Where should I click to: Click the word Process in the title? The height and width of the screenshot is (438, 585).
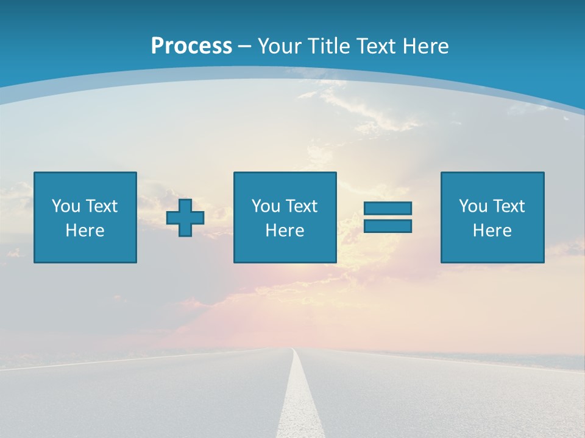click(x=191, y=46)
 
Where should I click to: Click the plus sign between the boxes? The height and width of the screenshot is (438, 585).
click(x=185, y=217)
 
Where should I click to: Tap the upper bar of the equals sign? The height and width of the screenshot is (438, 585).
click(x=388, y=208)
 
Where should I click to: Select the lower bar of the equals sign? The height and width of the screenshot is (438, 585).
click(x=388, y=226)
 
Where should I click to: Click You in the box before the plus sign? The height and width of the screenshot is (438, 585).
click(x=66, y=206)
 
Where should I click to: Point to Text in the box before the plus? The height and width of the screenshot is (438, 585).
click(x=101, y=206)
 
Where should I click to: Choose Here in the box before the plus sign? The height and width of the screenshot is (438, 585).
click(x=85, y=231)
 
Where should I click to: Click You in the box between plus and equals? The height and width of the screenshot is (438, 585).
click(x=266, y=206)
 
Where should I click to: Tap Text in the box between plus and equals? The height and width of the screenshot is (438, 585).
click(x=301, y=206)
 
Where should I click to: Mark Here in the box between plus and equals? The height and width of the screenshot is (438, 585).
click(x=285, y=231)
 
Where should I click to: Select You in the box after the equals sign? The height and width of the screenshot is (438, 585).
click(x=473, y=206)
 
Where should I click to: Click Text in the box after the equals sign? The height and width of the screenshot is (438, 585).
click(x=508, y=206)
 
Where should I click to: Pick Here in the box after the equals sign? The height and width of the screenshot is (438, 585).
click(x=492, y=231)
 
